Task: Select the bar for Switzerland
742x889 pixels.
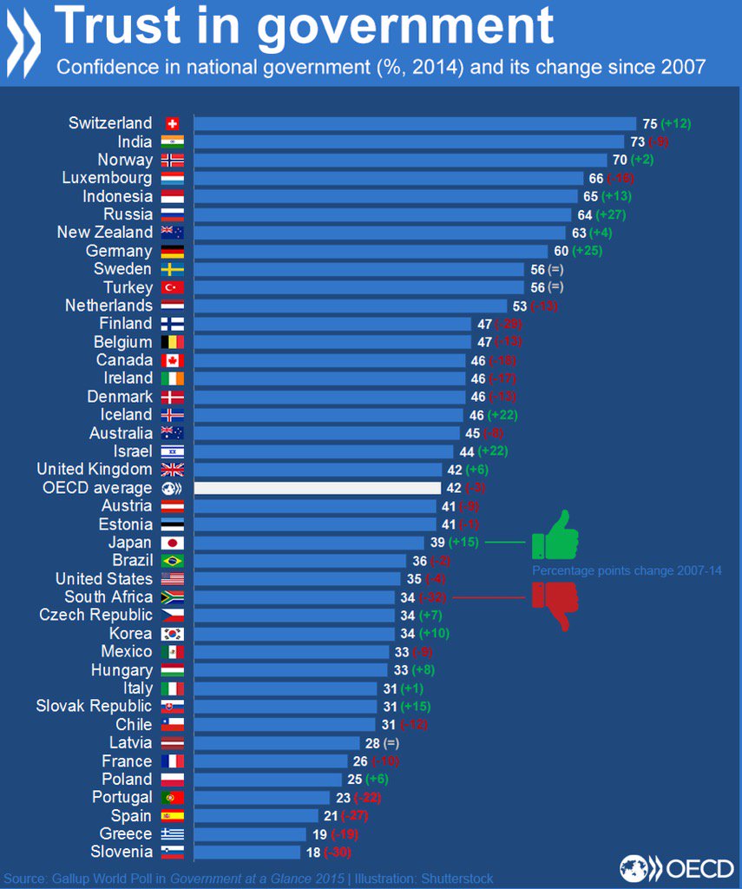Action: [414, 123]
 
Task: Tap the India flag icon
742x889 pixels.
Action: [170, 142]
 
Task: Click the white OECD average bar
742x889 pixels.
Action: [316, 488]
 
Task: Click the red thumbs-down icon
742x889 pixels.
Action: [554, 604]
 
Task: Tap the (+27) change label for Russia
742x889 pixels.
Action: [609, 214]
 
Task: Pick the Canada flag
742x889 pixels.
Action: [170, 359]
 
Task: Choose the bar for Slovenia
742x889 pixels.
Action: [246, 852]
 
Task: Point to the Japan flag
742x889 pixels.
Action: [170, 543]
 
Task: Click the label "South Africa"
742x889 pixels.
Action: [108, 596]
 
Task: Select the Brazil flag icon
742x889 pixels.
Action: [170, 561]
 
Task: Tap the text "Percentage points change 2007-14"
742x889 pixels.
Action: [627, 570]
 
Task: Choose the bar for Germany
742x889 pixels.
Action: [371, 251]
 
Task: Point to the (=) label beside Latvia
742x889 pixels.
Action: [391, 743]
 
